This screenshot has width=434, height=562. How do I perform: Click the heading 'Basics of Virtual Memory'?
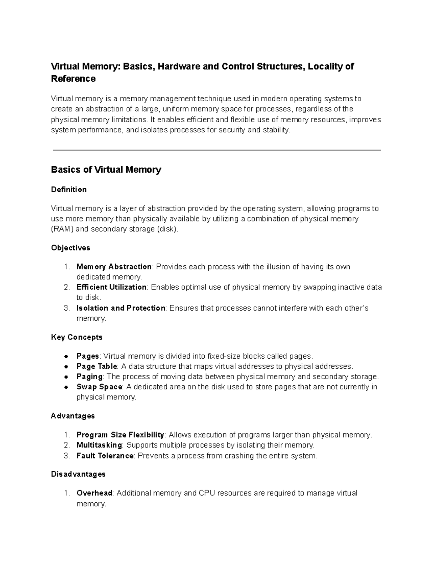pyautogui.click(x=106, y=169)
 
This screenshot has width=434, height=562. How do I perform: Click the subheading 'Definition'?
pyautogui.click(x=69, y=190)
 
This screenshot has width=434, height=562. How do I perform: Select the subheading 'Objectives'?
pyautogui.click(x=71, y=248)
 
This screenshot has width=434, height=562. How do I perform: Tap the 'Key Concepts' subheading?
pyautogui.click(x=77, y=337)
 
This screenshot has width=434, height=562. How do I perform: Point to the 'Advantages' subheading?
pyautogui.click(x=73, y=416)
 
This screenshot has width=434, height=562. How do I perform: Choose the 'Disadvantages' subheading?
pyautogui.click(x=78, y=474)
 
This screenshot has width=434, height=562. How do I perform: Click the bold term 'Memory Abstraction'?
pyautogui.click(x=114, y=267)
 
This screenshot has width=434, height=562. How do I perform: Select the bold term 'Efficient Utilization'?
pyautogui.click(x=111, y=287)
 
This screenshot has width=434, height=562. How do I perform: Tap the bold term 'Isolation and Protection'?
pyautogui.click(x=121, y=308)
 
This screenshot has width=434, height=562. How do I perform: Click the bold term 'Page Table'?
pyautogui.click(x=97, y=366)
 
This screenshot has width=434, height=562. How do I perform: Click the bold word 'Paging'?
pyautogui.click(x=89, y=376)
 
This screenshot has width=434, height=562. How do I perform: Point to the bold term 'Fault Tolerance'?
pyautogui.click(x=105, y=456)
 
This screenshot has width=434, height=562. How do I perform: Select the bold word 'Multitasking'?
pyautogui.click(x=99, y=445)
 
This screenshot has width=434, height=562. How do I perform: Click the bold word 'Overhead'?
pyautogui.click(x=94, y=493)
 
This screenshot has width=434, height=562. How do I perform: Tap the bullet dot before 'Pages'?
pyautogui.click(x=66, y=356)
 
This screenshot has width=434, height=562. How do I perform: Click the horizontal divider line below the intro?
pyautogui.click(x=217, y=150)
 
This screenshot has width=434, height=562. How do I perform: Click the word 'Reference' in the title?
pyautogui.click(x=73, y=79)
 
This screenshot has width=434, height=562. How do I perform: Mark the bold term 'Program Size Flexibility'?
pyautogui.click(x=120, y=435)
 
